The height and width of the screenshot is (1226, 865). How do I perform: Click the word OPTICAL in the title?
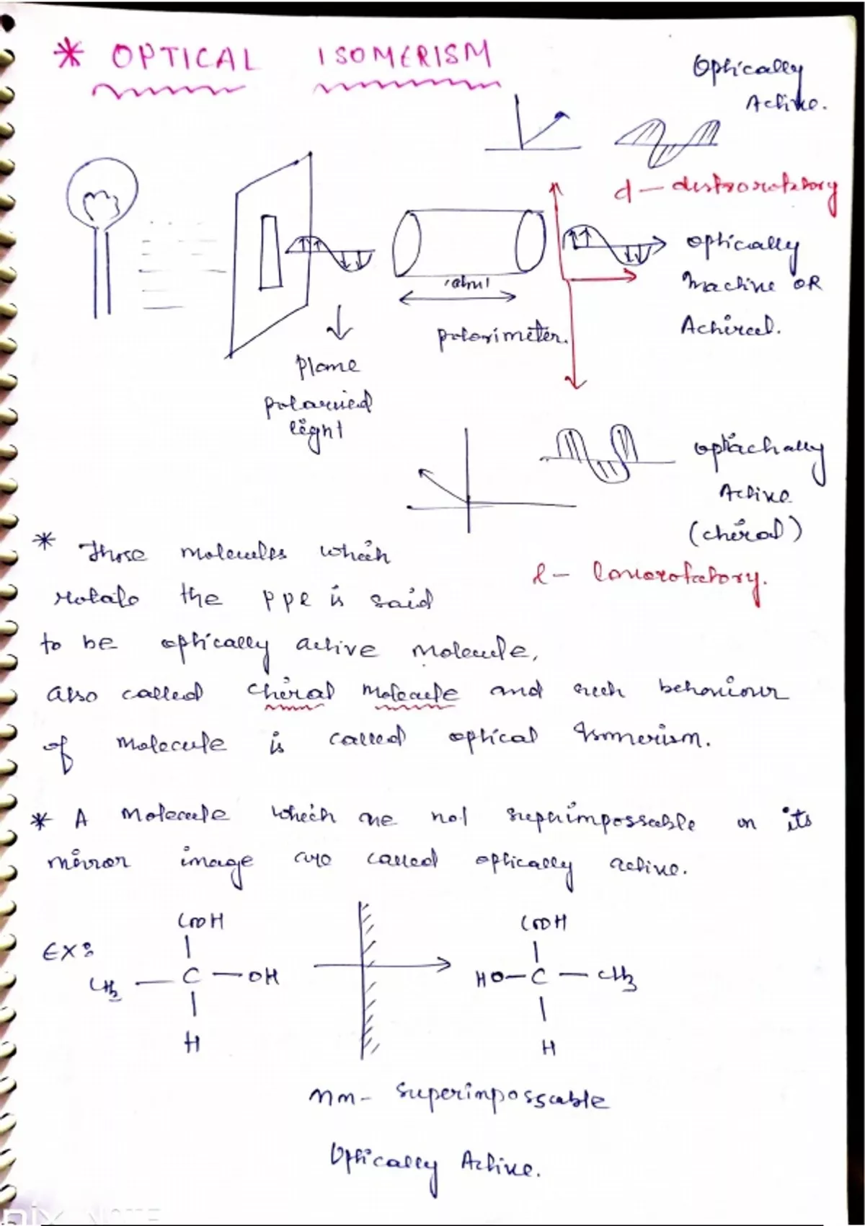point(184,58)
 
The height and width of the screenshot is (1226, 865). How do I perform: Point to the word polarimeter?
point(502,336)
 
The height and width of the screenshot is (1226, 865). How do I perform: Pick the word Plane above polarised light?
point(327,366)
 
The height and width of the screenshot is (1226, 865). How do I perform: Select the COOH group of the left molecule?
point(201,921)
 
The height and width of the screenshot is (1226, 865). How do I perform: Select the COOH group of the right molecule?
point(543,922)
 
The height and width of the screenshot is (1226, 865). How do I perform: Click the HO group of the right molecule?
point(490,979)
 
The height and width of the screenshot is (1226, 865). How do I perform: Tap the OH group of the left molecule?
point(263,978)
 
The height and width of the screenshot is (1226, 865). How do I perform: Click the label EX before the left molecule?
point(68,951)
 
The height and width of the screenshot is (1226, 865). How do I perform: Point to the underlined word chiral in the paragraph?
point(290,692)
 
